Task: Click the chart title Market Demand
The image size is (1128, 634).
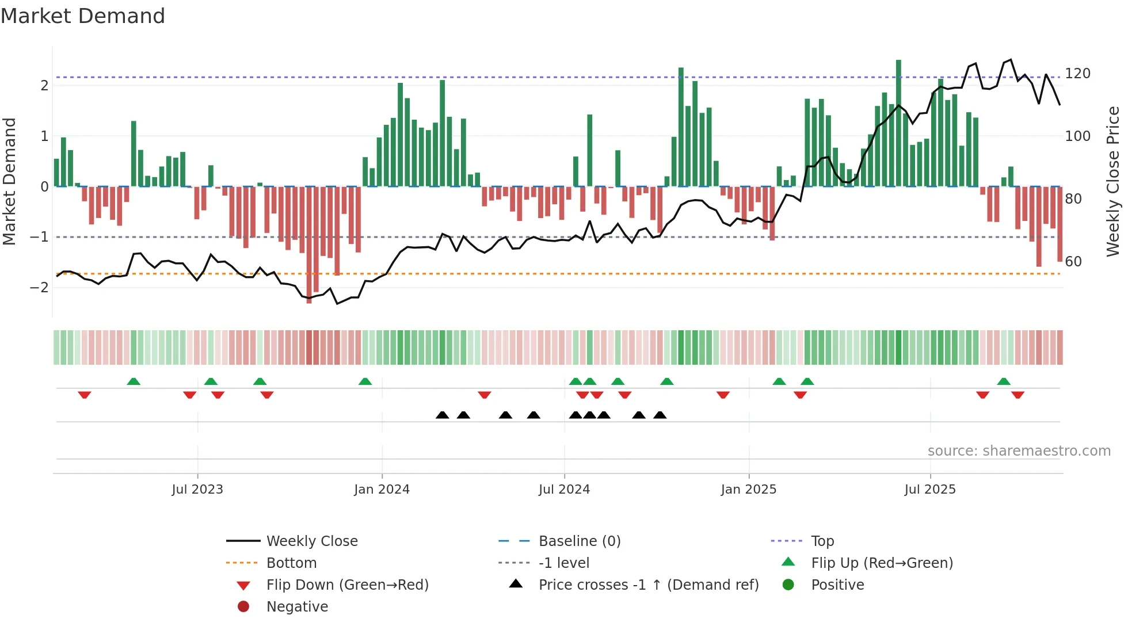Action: coord(83,16)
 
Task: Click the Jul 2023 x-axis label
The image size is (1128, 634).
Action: coord(197,490)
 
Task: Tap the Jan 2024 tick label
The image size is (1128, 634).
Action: coord(382,490)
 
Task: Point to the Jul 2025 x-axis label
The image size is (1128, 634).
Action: coord(929,490)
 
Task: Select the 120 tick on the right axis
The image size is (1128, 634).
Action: coord(1077,74)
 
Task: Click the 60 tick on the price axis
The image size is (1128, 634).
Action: coord(1073,262)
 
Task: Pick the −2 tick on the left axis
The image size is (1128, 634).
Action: coord(40,287)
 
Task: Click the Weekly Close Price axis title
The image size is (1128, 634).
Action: coord(1113,181)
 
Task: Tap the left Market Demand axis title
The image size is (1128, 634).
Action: coord(10,181)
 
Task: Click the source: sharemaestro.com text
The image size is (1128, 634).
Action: coord(1019,451)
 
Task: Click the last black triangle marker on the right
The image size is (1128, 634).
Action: coord(660,415)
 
